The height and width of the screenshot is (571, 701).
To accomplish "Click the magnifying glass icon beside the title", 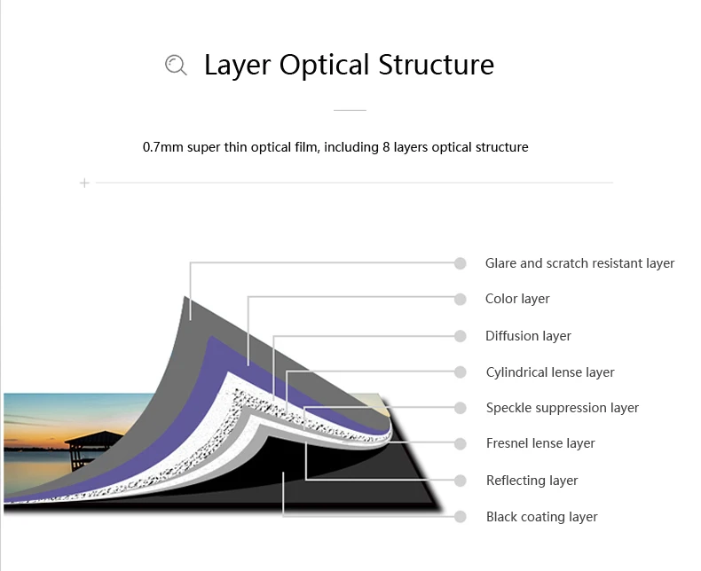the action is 176,65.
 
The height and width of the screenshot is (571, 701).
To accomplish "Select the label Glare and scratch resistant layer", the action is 579,263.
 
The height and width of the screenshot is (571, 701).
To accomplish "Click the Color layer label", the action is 517,299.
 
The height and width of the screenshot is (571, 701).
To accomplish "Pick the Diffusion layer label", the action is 528,336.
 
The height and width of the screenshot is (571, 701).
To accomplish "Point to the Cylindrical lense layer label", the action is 550,372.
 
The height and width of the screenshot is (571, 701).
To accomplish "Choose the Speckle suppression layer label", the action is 563,408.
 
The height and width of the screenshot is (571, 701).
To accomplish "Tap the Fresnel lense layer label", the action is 540,443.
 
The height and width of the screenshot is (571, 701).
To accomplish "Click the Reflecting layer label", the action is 532,481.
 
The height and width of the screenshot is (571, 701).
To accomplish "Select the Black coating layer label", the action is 541,517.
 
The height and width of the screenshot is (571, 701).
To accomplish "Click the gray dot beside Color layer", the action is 460,299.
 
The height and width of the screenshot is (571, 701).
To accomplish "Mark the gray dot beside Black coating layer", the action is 460,516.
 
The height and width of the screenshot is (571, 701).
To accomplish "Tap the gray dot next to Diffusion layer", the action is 460,336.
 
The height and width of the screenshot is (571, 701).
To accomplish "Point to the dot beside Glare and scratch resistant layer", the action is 460,263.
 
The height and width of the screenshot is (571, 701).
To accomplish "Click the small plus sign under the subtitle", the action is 84,183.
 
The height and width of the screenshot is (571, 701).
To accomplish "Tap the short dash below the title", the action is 350,110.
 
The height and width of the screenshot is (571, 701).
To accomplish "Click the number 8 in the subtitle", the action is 386,147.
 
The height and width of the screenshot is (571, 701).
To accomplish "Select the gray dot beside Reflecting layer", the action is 460,481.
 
